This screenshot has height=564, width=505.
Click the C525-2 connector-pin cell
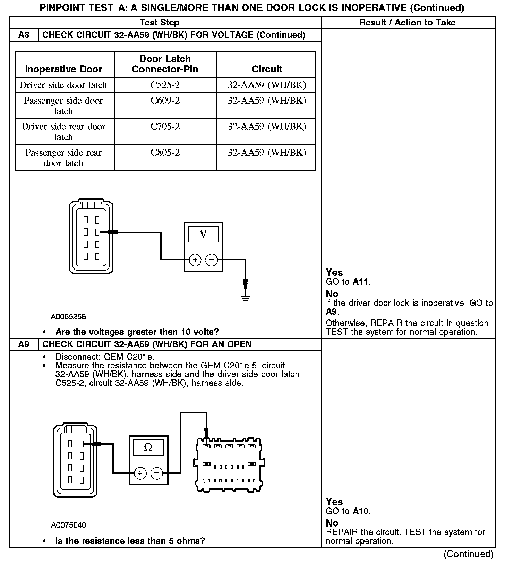(165, 85)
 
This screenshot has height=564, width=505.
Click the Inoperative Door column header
(63, 69)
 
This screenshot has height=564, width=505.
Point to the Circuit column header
(267, 69)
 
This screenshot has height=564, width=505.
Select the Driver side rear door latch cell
(63, 131)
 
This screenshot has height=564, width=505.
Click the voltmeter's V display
(203, 234)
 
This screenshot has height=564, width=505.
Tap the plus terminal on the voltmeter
(195, 260)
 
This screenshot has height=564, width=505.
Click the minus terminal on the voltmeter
(212, 260)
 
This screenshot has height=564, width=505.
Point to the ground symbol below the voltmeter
(246, 298)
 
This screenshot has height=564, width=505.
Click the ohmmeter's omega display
(148, 447)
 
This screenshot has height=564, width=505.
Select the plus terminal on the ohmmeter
(140, 473)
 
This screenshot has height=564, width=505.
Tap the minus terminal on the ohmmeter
(157, 473)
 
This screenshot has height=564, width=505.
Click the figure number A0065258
(68, 316)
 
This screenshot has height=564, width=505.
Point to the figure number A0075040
(68, 525)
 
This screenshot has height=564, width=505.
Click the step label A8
(24, 35)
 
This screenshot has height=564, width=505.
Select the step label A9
(24, 344)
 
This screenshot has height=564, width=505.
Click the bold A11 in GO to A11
(360, 282)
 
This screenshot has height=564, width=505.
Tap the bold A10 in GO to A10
(360, 511)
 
